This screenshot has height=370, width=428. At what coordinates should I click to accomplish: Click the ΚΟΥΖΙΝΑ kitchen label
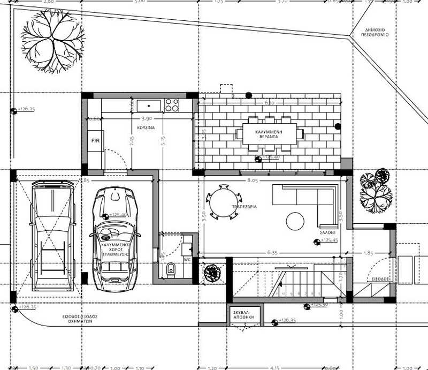[x=145, y=129]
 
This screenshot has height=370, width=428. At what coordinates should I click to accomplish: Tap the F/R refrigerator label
[x=96, y=141]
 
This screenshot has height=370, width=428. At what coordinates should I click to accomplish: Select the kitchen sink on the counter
[x=149, y=105]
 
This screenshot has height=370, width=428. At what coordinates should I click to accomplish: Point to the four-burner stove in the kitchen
[x=172, y=105]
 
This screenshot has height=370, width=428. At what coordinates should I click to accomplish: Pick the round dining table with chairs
[x=222, y=202]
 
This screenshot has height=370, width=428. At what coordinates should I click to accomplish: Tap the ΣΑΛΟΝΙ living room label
[x=328, y=233]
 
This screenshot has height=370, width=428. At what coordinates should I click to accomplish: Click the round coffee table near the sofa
[x=295, y=221]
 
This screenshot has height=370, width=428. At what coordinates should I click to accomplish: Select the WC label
[x=187, y=260]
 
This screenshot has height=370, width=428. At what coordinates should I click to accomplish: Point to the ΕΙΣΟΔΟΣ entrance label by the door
[x=381, y=280]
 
